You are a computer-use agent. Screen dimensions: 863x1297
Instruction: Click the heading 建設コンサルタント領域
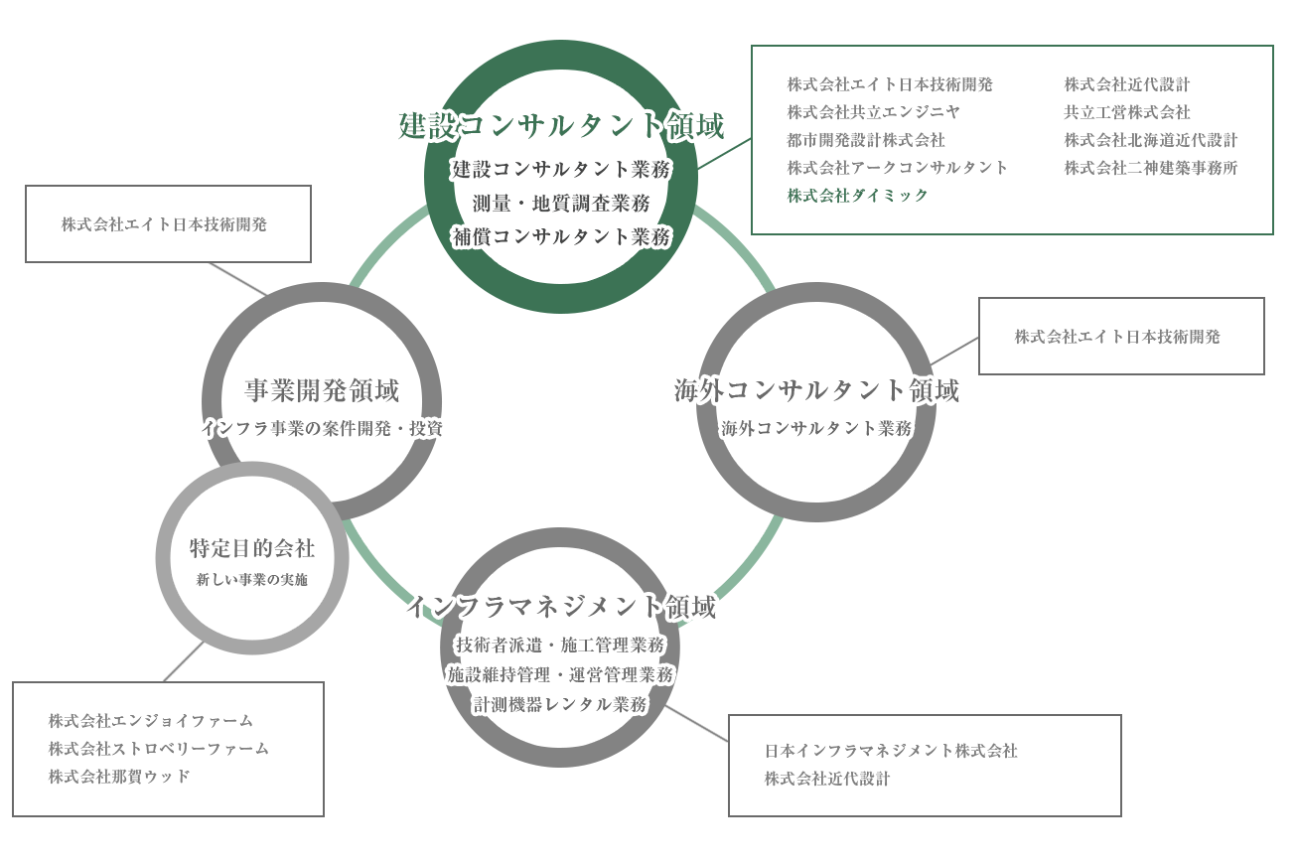pyautogui.click(x=561, y=126)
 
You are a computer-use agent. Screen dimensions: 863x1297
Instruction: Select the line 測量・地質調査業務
pyautogui.click(x=561, y=204)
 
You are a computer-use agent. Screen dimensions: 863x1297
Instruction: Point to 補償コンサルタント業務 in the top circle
pyautogui.click(x=561, y=236)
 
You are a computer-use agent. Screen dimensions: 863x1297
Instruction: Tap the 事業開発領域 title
pyautogui.click(x=322, y=391)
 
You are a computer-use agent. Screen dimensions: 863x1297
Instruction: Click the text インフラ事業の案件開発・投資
pyautogui.click(x=322, y=429)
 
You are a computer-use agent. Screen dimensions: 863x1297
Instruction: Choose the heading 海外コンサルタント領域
pyautogui.click(x=815, y=391)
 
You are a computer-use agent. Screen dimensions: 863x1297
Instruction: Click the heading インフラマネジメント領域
pyautogui.click(x=561, y=608)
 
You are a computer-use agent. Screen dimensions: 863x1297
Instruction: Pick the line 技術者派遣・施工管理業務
pyautogui.click(x=561, y=644)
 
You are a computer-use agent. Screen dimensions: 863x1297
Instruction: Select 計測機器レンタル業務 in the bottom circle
pyautogui.click(x=561, y=705)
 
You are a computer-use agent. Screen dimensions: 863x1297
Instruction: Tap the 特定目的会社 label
pyautogui.click(x=252, y=548)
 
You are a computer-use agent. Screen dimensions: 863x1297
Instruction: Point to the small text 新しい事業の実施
pyautogui.click(x=252, y=580)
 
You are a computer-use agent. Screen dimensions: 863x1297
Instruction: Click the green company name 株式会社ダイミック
pyautogui.click(x=858, y=196)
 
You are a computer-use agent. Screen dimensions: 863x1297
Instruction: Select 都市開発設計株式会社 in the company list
pyautogui.click(x=866, y=140)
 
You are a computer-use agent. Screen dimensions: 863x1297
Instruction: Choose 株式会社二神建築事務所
pyautogui.click(x=1150, y=168)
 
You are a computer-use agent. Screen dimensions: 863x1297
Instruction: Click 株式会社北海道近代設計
pyautogui.click(x=1150, y=140)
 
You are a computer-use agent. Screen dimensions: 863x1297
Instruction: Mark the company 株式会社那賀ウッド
pyautogui.click(x=120, y=777)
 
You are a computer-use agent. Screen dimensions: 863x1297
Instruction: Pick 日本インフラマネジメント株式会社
pyautogui.click(x=890, y=751)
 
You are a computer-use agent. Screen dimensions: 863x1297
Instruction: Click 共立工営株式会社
pyautogui.click(x=1126, y=112)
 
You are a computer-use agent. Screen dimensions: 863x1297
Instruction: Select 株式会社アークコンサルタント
pyautogui.click(x=897, y=168)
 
